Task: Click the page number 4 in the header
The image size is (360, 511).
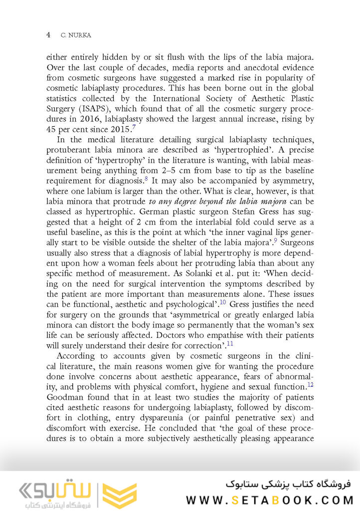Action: point(48,35)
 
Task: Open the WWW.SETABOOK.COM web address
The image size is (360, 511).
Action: point(270,500)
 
